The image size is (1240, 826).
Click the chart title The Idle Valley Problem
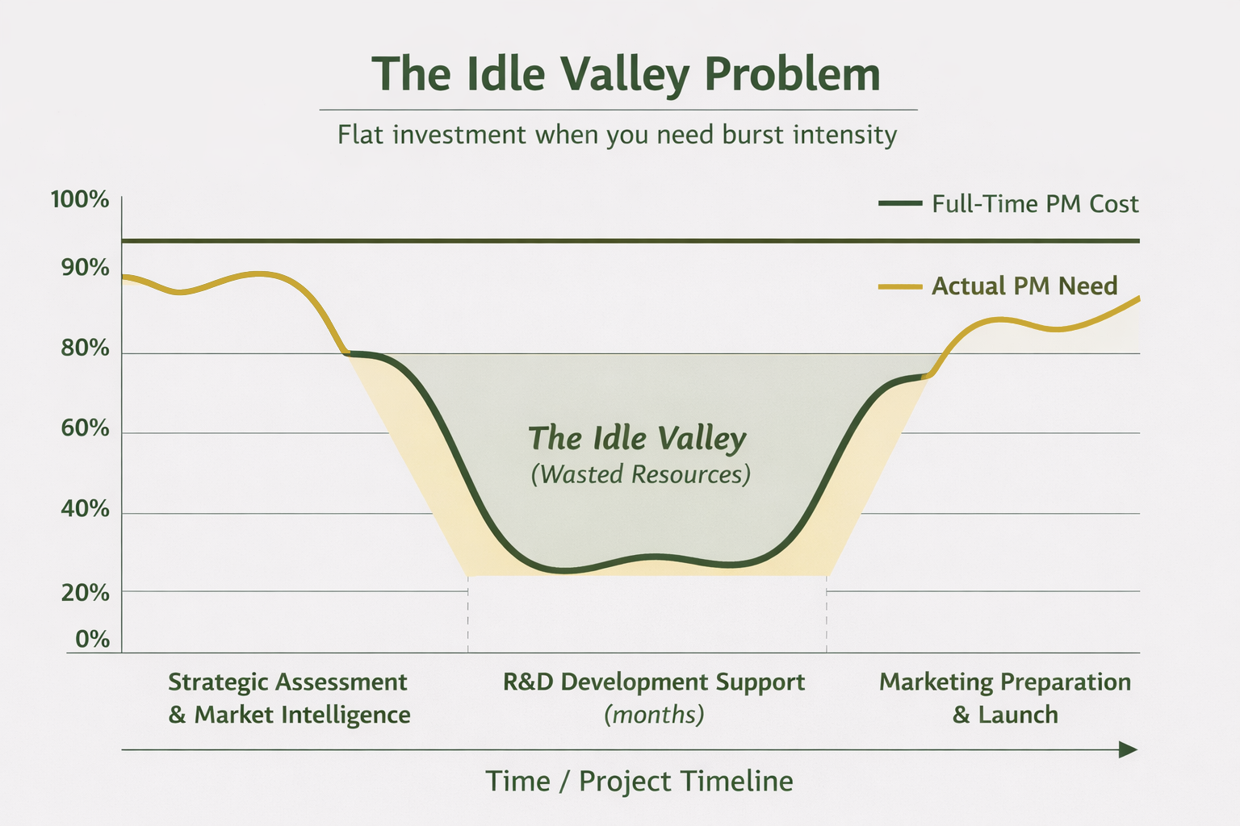[626, 74]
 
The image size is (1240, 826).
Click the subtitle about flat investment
[617, 134]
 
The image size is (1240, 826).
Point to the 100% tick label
[80, 199]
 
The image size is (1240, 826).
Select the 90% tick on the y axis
[85, 267]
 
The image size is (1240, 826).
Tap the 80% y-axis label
[85, 348]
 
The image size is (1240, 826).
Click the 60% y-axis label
[85, 428]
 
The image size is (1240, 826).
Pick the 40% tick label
[85, 509]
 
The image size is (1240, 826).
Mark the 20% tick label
[85, 593]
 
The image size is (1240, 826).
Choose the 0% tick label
[93, 639]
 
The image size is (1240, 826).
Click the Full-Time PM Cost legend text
[1035, 204]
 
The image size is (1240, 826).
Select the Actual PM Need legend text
[1024, 286]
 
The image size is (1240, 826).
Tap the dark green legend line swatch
[899, 204]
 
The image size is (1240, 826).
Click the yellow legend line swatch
[899, 286]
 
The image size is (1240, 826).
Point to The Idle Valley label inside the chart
[637, 438]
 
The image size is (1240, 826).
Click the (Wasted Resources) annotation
[640, 473]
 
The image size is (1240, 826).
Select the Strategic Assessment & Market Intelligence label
[288, 698]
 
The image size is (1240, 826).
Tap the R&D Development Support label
[654, 682]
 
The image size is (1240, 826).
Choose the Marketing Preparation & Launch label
[1005, 698]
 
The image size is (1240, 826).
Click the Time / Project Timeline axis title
[639, 781]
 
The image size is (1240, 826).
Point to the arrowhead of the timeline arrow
[1129, 750]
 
